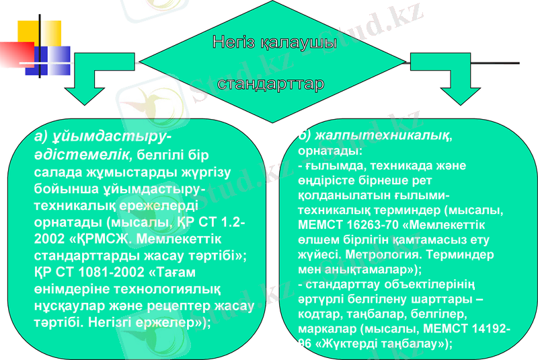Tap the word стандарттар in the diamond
[x=271, y=84]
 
